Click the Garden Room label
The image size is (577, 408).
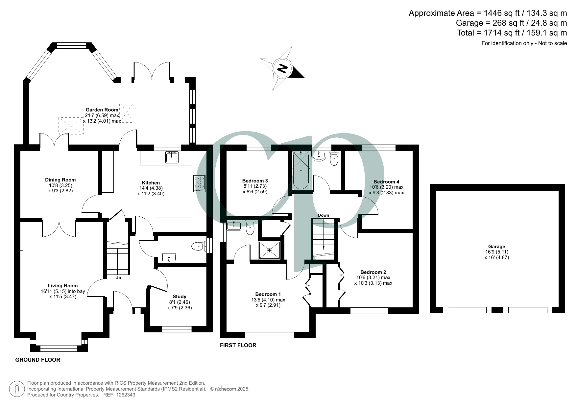pos(102,110)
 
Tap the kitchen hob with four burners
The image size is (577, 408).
pos(200,183)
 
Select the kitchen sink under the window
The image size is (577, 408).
pos(172,157)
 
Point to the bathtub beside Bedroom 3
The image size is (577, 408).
pos(301,170)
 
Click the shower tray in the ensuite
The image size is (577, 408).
pos(270,251)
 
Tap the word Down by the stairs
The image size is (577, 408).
pos(324,215)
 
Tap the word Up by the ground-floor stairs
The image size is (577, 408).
pos(118,278)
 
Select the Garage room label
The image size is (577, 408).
pos(496,246)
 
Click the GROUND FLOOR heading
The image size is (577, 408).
pos(38,360)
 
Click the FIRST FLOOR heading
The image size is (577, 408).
pos(238,345)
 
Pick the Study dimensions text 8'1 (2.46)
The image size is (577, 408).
pos(179,302)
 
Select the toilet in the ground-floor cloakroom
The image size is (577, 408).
pos(198,246)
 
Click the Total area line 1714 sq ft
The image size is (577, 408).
pos(512,33)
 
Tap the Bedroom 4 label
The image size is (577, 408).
pos(386,181)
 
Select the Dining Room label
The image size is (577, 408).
pos(60,180)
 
